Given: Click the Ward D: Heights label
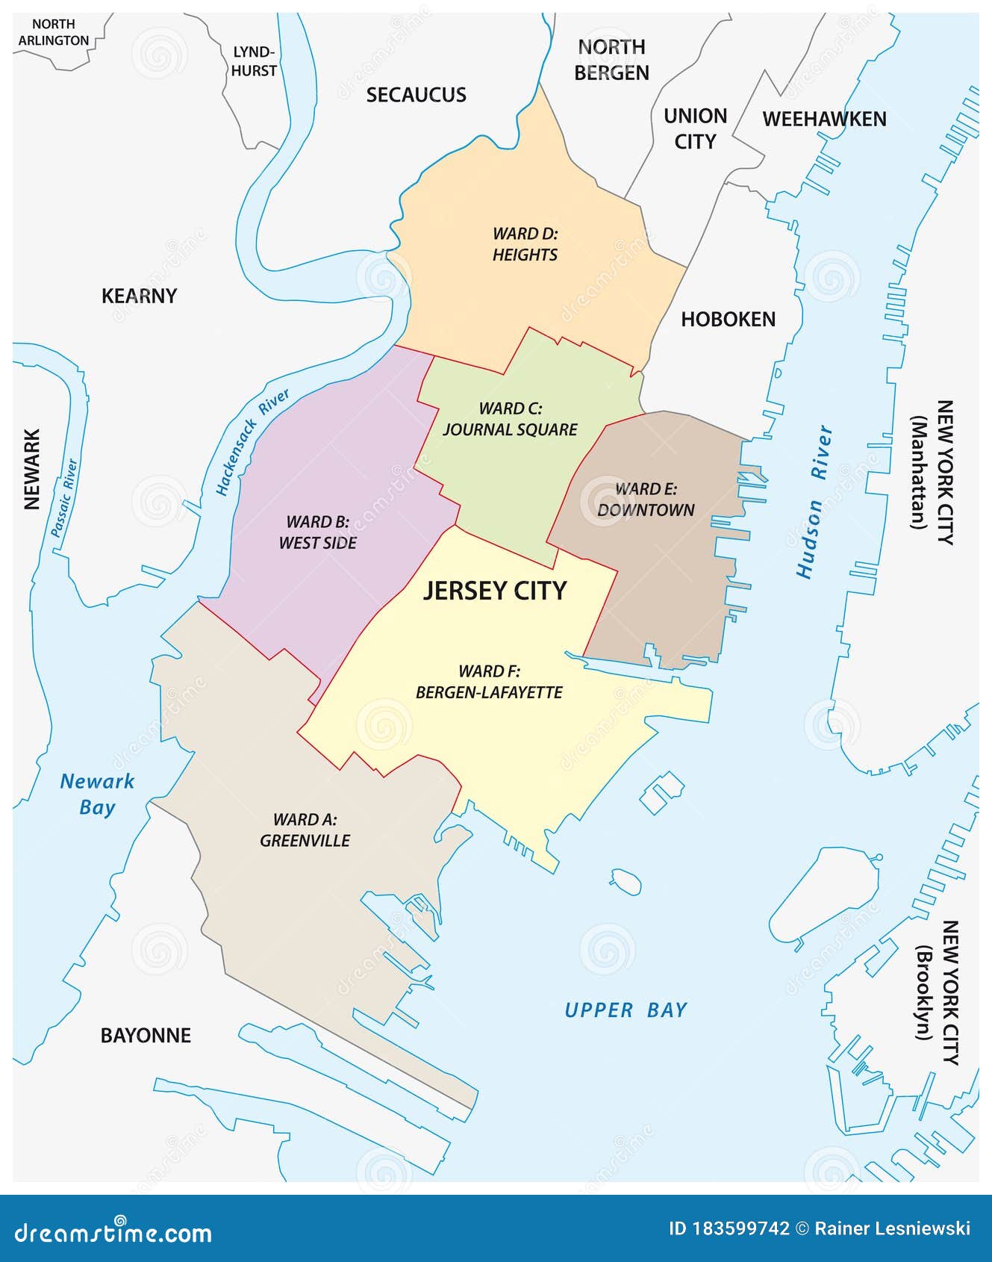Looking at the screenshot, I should [x=525, y=244].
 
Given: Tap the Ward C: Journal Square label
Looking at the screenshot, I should [x=510, y=419].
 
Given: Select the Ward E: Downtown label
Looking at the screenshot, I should [x=646, y=500].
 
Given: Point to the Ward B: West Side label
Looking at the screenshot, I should [x=318, y=532].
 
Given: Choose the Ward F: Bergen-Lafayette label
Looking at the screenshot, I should [x=489, y=682].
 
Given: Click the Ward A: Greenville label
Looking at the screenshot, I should [x=305, y=830].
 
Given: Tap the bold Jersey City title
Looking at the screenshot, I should [x=495, y=591].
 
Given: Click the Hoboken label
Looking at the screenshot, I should [x=728, y=319].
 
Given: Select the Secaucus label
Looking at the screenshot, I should [x=416, y=95].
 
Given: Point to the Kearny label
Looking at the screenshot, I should [x=139, y=296].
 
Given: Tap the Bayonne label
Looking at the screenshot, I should [x=146, y=1035].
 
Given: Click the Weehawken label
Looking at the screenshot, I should [x=824, y=119].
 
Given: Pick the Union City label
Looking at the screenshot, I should [x=695, y=128].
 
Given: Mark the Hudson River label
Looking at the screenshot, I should [x=814, y=502].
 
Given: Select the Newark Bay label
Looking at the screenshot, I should [x=97, y=794].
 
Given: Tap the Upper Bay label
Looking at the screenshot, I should [x=626, y=1010].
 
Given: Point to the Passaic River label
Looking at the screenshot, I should [x=64, y=498].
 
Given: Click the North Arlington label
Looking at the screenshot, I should [x=54, y=33].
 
